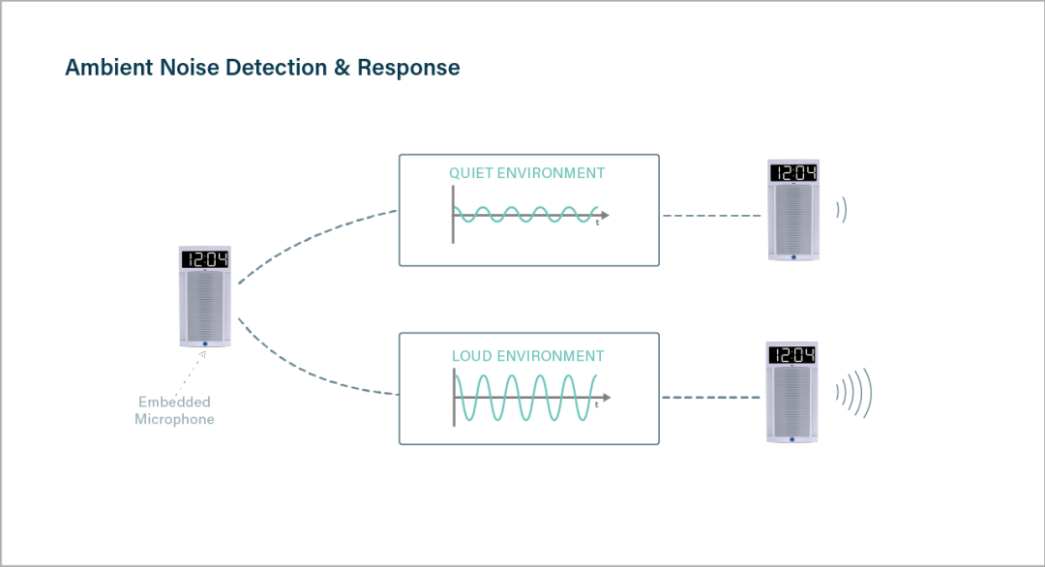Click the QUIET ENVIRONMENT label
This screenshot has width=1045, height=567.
tap(526, 173)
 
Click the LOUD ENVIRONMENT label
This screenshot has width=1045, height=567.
tap(527, 356)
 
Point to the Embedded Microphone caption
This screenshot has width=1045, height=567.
tap(174, 410)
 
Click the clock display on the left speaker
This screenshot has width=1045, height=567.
tap(204, 259)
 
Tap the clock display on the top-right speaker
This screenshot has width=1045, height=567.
tap(792, 173)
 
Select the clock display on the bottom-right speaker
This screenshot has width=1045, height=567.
tap(791, 355)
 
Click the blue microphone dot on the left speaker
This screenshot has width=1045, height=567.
tap(204, 343)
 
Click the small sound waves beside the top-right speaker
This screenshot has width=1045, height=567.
tap(842, 210)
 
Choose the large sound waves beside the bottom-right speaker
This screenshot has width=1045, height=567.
tap(854, 394)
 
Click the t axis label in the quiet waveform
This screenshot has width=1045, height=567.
tap(597, 223)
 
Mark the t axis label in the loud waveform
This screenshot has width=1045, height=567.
tap(597, 405)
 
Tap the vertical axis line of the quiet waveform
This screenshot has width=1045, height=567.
tap(453, 213)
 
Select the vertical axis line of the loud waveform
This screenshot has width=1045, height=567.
tap(453, 396)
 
